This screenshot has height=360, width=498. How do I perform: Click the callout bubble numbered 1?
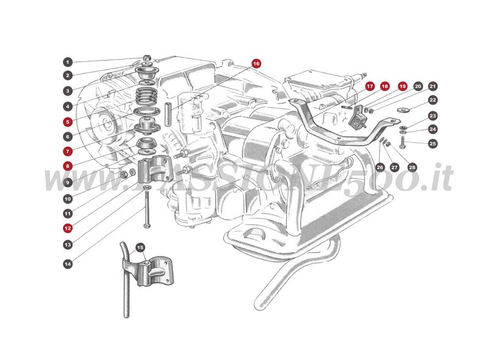coord(68,62)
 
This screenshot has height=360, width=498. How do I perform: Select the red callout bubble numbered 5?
coord(68,122)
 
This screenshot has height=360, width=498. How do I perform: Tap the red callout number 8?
coord(68,165)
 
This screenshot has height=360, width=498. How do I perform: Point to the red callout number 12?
coord(68,227)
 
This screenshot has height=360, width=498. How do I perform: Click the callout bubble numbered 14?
coord(68,264)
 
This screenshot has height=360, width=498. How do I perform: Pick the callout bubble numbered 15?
coord(140,248)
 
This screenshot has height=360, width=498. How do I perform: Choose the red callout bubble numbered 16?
coord(256,63)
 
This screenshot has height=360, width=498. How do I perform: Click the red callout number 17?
coord(370,87)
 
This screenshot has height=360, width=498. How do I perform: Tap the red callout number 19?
coord(402,87)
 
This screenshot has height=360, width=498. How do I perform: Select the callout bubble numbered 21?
coord(433,87)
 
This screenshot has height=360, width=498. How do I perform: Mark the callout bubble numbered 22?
coord(433,100)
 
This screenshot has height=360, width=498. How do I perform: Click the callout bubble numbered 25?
coord(433,144)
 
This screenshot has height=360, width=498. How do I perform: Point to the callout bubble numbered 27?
coord(394,167)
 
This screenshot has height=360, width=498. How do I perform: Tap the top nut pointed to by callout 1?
coord(147,59)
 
